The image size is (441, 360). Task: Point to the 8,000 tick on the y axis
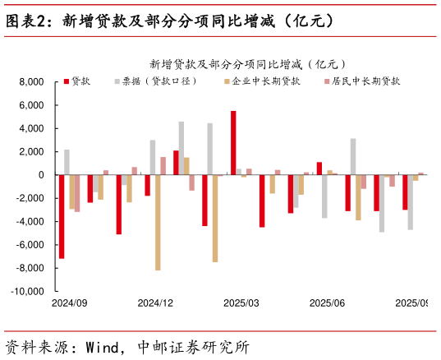coord(31,82)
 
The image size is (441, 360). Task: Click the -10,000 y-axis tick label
coord(27,292)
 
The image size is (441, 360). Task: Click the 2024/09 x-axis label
coord(69,303)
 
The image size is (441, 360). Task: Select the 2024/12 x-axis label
coord(155,303)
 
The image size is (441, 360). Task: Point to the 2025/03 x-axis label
coord(241,303)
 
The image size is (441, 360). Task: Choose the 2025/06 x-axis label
coord(327,303)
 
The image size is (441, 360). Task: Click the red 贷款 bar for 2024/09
coord(62,217)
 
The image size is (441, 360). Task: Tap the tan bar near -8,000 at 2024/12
coord(158,223)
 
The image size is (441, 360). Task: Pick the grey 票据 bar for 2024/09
coord(67,162)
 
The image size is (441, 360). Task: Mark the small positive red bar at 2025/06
coord(319,168)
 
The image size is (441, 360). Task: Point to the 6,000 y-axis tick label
coord(31,105)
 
